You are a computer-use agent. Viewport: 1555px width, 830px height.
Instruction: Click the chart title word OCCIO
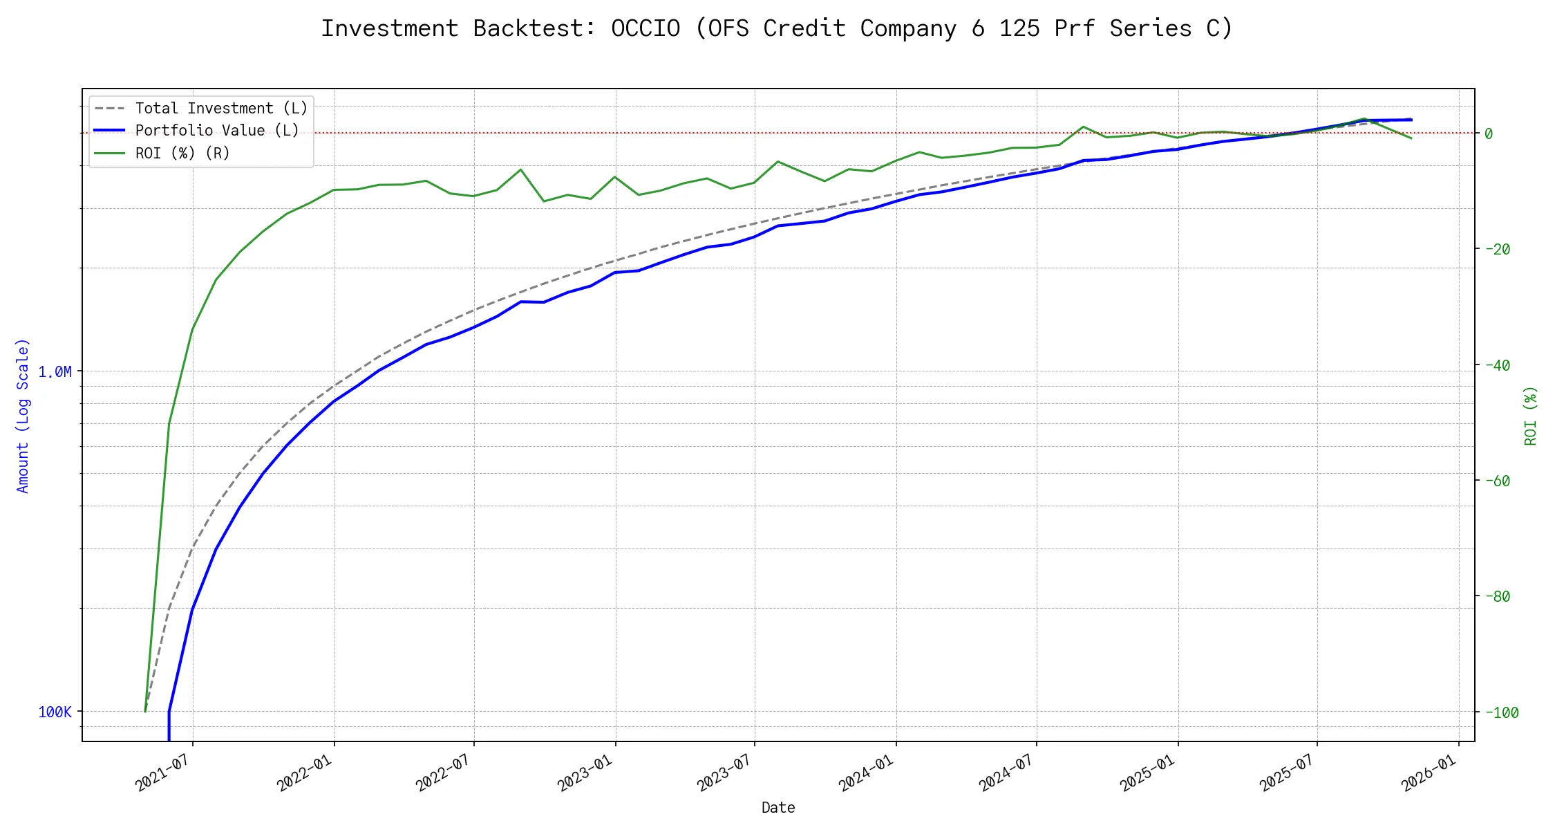(x=645, y=28)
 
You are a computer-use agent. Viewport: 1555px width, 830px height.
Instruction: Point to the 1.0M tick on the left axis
(x=55, y=372)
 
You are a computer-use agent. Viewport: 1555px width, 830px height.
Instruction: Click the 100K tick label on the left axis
(x=55, y=712)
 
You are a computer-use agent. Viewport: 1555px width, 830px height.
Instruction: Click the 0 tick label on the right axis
(x=1489, y=133)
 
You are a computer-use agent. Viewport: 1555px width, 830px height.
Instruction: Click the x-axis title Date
(x=778, y=808)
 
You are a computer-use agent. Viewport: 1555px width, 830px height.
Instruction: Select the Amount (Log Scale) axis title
(x=23, y=415)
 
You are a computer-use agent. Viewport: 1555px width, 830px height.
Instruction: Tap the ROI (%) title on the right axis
(x=1530, y=415)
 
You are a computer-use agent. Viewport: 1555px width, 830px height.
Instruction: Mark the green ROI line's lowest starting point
(x=145, y=711)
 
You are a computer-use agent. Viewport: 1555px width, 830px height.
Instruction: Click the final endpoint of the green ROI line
(x=1411, y=138)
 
